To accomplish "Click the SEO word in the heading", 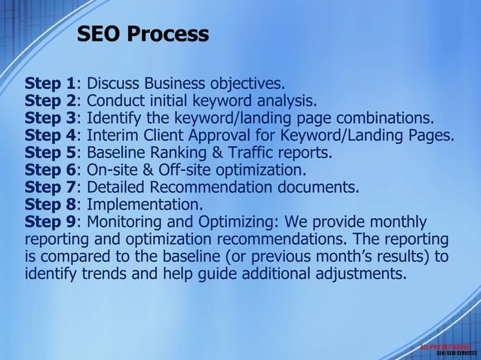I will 100,34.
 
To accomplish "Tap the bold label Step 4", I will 51,136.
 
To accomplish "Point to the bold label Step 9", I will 51,222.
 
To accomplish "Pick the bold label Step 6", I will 51,170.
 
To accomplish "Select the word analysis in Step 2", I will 287,100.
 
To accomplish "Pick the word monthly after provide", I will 398,222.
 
